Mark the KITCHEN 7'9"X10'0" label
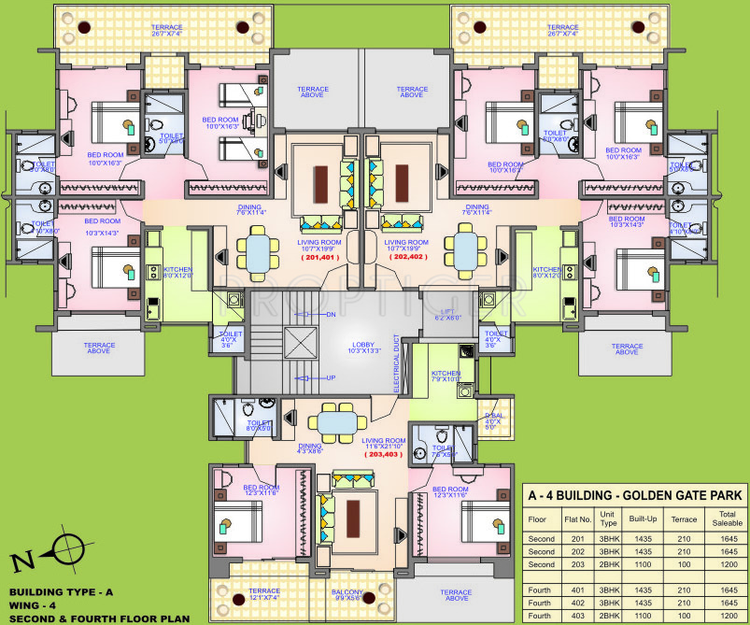click(x=446, y=376)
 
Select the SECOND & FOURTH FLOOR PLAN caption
click(x=99, y=618)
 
